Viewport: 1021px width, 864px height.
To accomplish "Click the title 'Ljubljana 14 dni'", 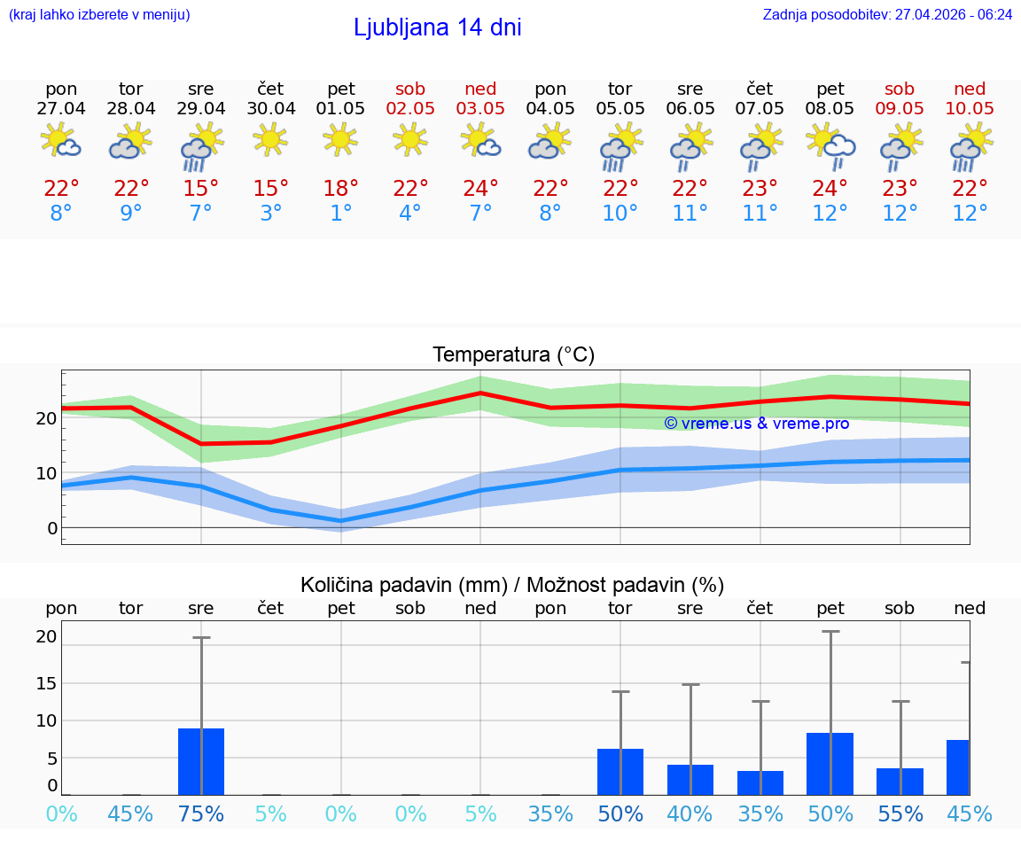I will [x=437, y=27].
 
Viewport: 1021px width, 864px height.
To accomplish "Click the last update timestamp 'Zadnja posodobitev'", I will [x=887, y=15].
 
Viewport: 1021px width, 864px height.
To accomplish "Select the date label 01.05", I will [x=341, y=108].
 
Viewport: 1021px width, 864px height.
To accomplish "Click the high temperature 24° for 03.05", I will [x=480, y=189].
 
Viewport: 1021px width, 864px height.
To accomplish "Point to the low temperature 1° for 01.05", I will [x=341, y=214].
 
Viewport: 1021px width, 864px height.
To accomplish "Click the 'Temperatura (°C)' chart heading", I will [x=513, y=355].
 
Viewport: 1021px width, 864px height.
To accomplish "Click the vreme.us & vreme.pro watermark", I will [x=756, y=424].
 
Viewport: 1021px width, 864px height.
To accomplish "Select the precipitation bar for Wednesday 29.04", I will [x=201, y=761].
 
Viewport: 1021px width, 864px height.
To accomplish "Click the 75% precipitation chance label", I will [x=201, y=813].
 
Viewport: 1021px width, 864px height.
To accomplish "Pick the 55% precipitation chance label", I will [x=900, y=813].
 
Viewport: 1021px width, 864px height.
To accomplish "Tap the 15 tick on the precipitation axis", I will [x=46, y=683].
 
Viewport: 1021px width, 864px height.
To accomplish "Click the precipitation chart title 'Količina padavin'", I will [x=512, y=585].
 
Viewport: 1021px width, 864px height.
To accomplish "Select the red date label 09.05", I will [x=900, y=108].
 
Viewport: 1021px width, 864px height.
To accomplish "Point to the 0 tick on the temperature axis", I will [x=52, y=528].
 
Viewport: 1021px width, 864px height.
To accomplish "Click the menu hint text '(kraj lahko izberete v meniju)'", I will [x=99, y=15].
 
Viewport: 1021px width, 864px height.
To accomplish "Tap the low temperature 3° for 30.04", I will [x=271, y=214].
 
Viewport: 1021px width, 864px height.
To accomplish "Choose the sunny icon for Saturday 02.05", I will [x=410, y=139].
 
